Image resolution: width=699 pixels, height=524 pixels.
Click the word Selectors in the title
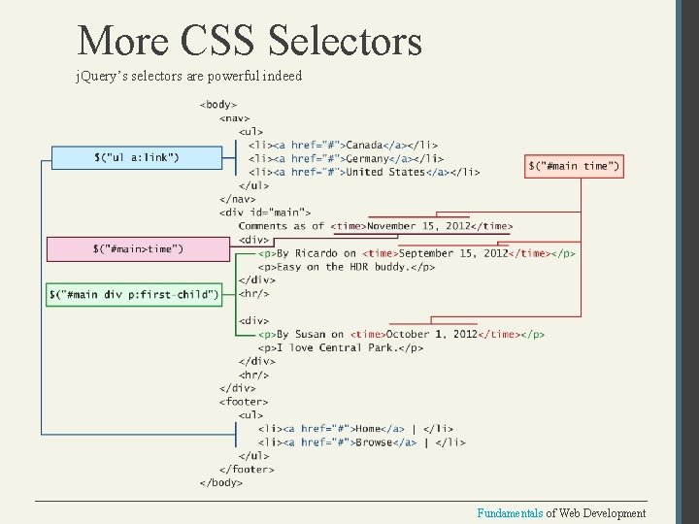[x=345, y=41]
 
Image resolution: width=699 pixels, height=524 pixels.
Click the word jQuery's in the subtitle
[x=99, y=76]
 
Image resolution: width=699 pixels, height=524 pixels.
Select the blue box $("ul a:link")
[x=136, y=157]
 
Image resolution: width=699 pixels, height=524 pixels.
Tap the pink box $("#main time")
[x=574, y=166]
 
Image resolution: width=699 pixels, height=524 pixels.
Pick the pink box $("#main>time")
[x=136, y=249]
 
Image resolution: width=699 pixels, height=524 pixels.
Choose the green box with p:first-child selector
[x=134, y=293]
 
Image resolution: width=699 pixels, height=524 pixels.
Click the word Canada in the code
[x=365, y=146]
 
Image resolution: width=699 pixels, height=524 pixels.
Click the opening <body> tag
[x=218, y=104]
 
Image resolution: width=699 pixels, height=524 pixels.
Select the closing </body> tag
[x=221, y=482]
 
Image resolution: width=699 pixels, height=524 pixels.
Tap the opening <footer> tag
[x=244, y=401]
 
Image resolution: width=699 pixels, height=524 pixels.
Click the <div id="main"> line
[x=265, y=213]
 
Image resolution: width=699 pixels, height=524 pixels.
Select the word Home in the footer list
[x=369, y=428]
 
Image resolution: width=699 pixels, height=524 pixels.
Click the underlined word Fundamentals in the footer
[x=508, y=513]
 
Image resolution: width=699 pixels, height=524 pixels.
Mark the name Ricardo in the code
[x=317, y=253]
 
